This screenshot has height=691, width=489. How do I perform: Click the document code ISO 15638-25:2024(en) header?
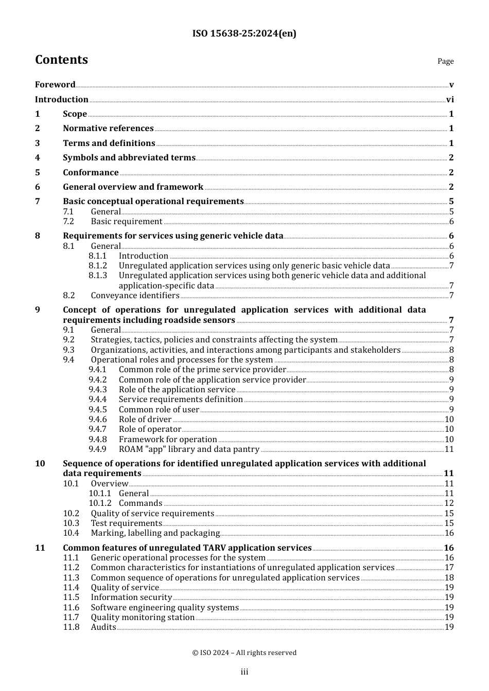coord(244,34)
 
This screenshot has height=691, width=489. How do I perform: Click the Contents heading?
coord(61,60)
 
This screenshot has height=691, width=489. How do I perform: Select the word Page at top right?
coord(445,61)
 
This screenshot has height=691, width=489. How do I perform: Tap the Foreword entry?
coord(55,85)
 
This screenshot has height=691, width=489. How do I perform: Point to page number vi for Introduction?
coord(450,100)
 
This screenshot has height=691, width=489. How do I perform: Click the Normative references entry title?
coord(108,129)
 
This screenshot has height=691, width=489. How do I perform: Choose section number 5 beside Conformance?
coord(37,173)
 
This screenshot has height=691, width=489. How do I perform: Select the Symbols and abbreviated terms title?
coord(129,158)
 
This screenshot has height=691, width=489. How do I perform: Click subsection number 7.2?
coord(68,222)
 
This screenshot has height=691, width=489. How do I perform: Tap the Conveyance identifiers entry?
coord(135,296)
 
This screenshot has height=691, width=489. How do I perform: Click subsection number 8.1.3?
coord(98,276)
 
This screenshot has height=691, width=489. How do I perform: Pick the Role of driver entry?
coord(145,420)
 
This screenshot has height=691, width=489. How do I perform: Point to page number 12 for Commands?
coord(449,503)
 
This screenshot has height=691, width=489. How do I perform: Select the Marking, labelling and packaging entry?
coord(155,533)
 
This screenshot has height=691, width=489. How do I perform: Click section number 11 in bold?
coord(40,548)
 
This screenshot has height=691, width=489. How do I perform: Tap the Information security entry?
coord(131,597)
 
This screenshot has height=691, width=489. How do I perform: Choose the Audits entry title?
coord(103,627)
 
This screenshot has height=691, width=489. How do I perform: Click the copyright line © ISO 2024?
coord(244,653)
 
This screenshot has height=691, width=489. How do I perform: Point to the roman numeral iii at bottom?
coord(244,672)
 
